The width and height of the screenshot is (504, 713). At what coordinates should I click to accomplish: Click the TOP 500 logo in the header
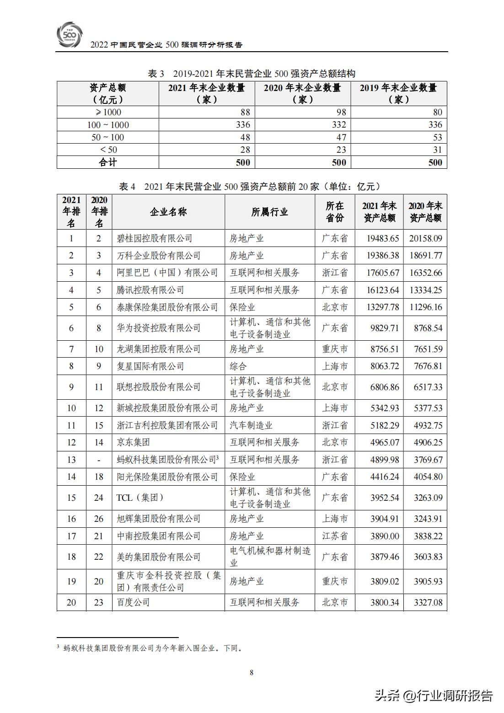pos(70,34)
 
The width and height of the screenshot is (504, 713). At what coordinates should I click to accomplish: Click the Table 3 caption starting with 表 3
pos(252,74)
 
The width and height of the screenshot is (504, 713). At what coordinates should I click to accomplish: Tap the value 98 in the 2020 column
pos(341,113)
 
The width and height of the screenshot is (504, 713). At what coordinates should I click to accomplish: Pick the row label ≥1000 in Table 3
pos(108,113)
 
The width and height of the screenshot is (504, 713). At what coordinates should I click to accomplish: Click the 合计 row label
pos(108,162)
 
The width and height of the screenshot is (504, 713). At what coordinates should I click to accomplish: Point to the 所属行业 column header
pos(269,212)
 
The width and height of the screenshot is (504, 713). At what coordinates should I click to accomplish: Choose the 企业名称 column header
pos(168,212)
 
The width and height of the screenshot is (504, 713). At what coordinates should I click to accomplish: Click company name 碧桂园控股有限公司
pos(154,238)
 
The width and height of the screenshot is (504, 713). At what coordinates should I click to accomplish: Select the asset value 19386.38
pos(383,256)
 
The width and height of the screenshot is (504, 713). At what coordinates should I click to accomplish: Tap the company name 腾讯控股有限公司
pos(150,290)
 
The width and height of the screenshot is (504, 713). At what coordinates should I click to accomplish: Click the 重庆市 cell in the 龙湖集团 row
pos(335,349)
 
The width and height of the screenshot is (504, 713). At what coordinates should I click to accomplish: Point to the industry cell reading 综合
pos(238,366)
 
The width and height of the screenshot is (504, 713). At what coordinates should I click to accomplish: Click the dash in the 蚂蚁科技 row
pos(99,460)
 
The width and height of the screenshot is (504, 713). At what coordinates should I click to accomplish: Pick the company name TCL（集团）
pos(140,498)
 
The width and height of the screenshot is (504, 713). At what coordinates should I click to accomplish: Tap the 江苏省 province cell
pos(335,536)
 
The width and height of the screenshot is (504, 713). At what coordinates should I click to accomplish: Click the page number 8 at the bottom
pos(252,672)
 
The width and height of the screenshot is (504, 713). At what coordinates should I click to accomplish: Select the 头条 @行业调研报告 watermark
pos(434,696)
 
